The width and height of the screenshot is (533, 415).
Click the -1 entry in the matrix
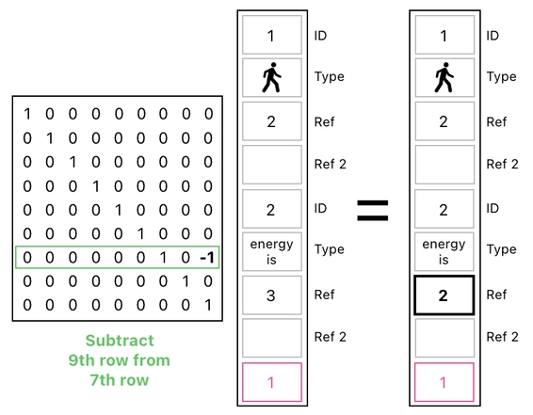click(x=207, y=258)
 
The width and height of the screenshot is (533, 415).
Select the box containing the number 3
click(x=271, y=295)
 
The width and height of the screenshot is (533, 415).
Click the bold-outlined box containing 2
click(x=444, y=295)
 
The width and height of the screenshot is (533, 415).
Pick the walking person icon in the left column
click(x=271, y=79)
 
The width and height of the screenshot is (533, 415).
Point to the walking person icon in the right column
click(x=444, y=79)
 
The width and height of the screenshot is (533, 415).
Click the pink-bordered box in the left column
click(x=271, y=382)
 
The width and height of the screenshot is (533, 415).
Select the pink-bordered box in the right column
click(x=444, y=382)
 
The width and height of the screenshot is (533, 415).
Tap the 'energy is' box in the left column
click(x=271, y=251)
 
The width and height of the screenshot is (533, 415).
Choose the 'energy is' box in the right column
click(x=444, y=251)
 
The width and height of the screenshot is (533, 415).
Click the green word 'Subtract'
click(x=119, y=341)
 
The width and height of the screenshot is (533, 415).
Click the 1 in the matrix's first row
click(x=27, y=115)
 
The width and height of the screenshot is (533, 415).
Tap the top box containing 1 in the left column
click(x=271, y=36)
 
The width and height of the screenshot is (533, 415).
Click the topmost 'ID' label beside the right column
click(x=493, y=36)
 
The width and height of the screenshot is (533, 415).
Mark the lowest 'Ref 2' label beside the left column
click(x=330, y=337)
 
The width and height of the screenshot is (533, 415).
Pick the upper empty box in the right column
click(x=444, y=165)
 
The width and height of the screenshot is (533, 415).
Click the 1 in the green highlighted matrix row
click(x=163, y=258)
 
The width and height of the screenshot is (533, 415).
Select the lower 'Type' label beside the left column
click(x=329, y=250)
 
